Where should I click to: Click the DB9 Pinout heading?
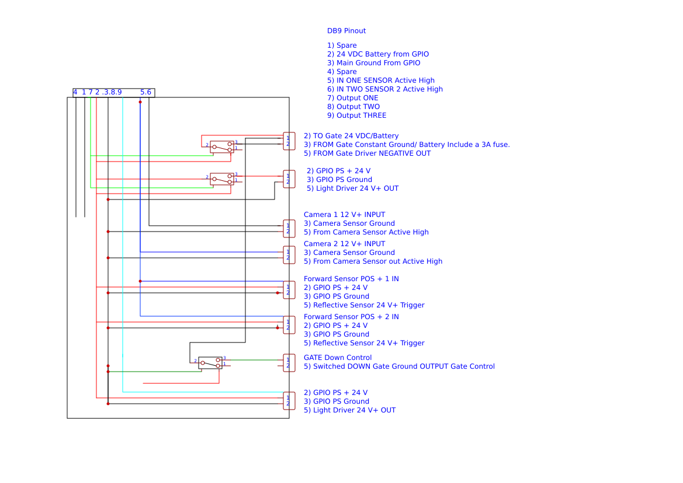[x=346, y=31]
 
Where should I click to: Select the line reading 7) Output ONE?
[x=352, y=98]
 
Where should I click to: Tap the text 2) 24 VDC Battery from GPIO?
[x=377, y=54]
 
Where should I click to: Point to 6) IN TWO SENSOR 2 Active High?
[x=384, y=89]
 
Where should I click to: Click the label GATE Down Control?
[x=337, y=358]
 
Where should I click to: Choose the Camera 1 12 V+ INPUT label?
[x=344, y=215]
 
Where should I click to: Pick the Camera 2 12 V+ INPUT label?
[x=344, y=244]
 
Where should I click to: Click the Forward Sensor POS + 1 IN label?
[x=351, y=279]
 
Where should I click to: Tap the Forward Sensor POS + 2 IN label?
[x=351, y=317]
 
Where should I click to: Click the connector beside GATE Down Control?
[x=289, y=363]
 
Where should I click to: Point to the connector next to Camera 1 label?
[x=289, y=229]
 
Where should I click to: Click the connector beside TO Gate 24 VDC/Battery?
[x=289, y=141]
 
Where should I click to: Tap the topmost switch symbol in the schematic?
[x=221, y=146]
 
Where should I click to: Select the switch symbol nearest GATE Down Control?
[x=210, y=363]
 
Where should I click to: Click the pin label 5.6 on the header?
[x=145, y=92]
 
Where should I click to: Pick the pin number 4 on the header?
[x=75, y=92]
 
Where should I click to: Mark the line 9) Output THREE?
[x=356, y=116]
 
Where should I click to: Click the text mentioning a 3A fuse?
[x=407, y=145]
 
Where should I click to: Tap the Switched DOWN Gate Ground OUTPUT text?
[x=399, y=366]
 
